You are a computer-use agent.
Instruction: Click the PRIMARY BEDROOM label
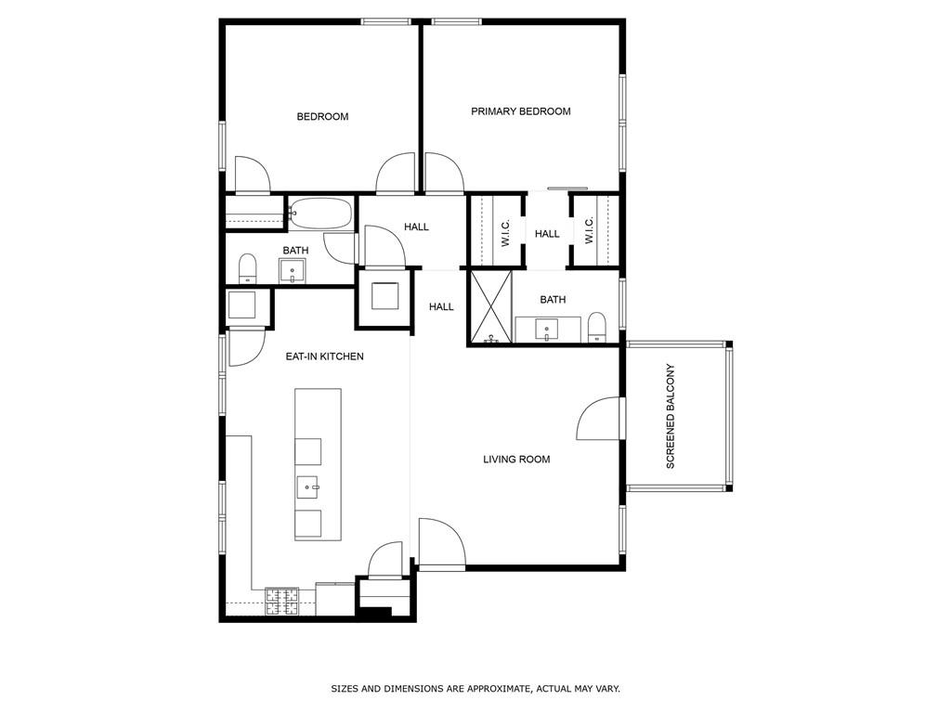coord(520,111)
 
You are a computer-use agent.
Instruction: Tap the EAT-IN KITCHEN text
coord(324,356)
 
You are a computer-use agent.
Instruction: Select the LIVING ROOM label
coord(516,460)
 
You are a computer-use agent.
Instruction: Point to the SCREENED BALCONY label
coord(671,416)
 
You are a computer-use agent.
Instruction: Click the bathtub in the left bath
coord(320,214)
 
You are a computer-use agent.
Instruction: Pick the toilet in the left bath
coord(247,269)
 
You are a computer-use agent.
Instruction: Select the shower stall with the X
coord(490,307)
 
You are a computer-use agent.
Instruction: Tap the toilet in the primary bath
coord(597,327)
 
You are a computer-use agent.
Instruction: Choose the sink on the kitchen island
coord(308,486)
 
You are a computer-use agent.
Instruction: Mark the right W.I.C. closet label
coord(589,232)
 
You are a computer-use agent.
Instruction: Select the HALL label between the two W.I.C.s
coord(547,234)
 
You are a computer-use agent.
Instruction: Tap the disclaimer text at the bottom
coord(475,689)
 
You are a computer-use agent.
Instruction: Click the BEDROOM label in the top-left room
coord(322,117)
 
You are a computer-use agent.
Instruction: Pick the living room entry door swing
coord(440,542)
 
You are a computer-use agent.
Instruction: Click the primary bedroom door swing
coord(442,175)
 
